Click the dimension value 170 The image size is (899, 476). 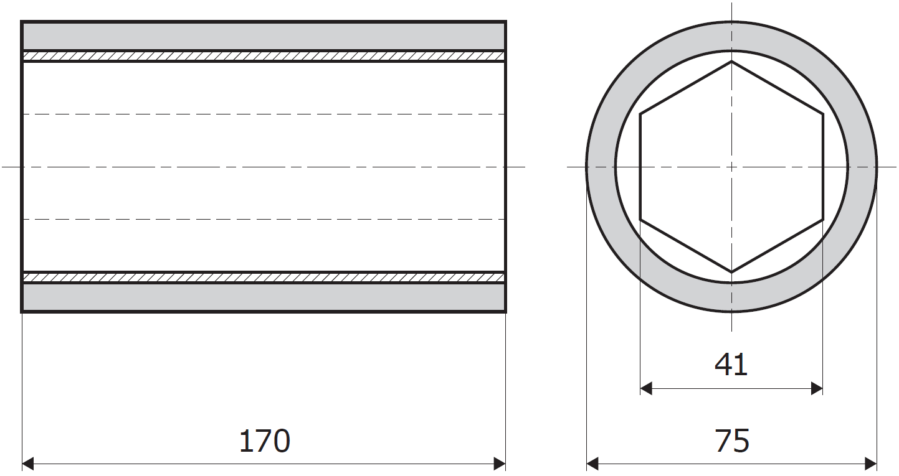click(265, 441)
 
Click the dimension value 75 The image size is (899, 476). click(731, 441)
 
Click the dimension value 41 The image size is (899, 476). click(731, 365)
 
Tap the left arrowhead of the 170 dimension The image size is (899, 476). click(27, 464)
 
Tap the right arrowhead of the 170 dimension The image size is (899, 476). click(500, 464)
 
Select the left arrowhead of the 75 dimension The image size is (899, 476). click(592, 464)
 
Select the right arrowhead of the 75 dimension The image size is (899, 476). click(871, 464)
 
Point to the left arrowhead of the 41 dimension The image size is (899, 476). click(646, 388)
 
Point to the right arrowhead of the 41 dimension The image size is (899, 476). click(817, 388)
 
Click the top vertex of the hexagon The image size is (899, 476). click(731, 62)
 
